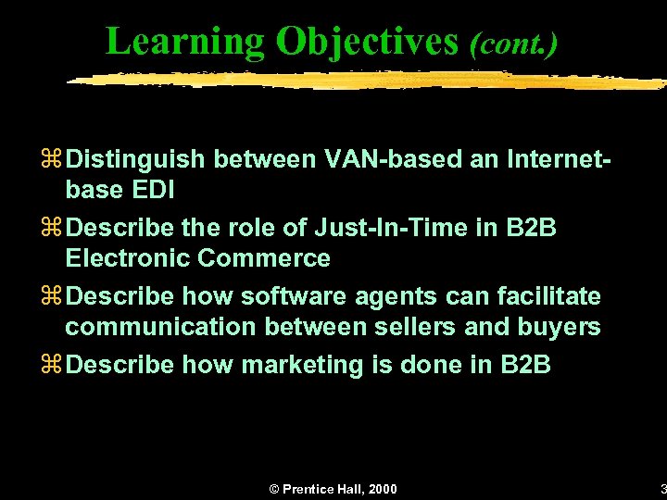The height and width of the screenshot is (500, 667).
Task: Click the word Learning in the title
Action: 185,41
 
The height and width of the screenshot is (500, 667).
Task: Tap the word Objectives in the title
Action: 367,41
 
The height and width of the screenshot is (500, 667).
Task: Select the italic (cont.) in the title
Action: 513,43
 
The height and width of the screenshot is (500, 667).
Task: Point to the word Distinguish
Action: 136,159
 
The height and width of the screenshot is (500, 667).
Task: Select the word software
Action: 282,296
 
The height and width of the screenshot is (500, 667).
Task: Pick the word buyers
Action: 561,327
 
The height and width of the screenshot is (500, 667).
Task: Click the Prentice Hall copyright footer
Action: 333,489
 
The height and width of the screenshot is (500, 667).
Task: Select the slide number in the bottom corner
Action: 661,489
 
